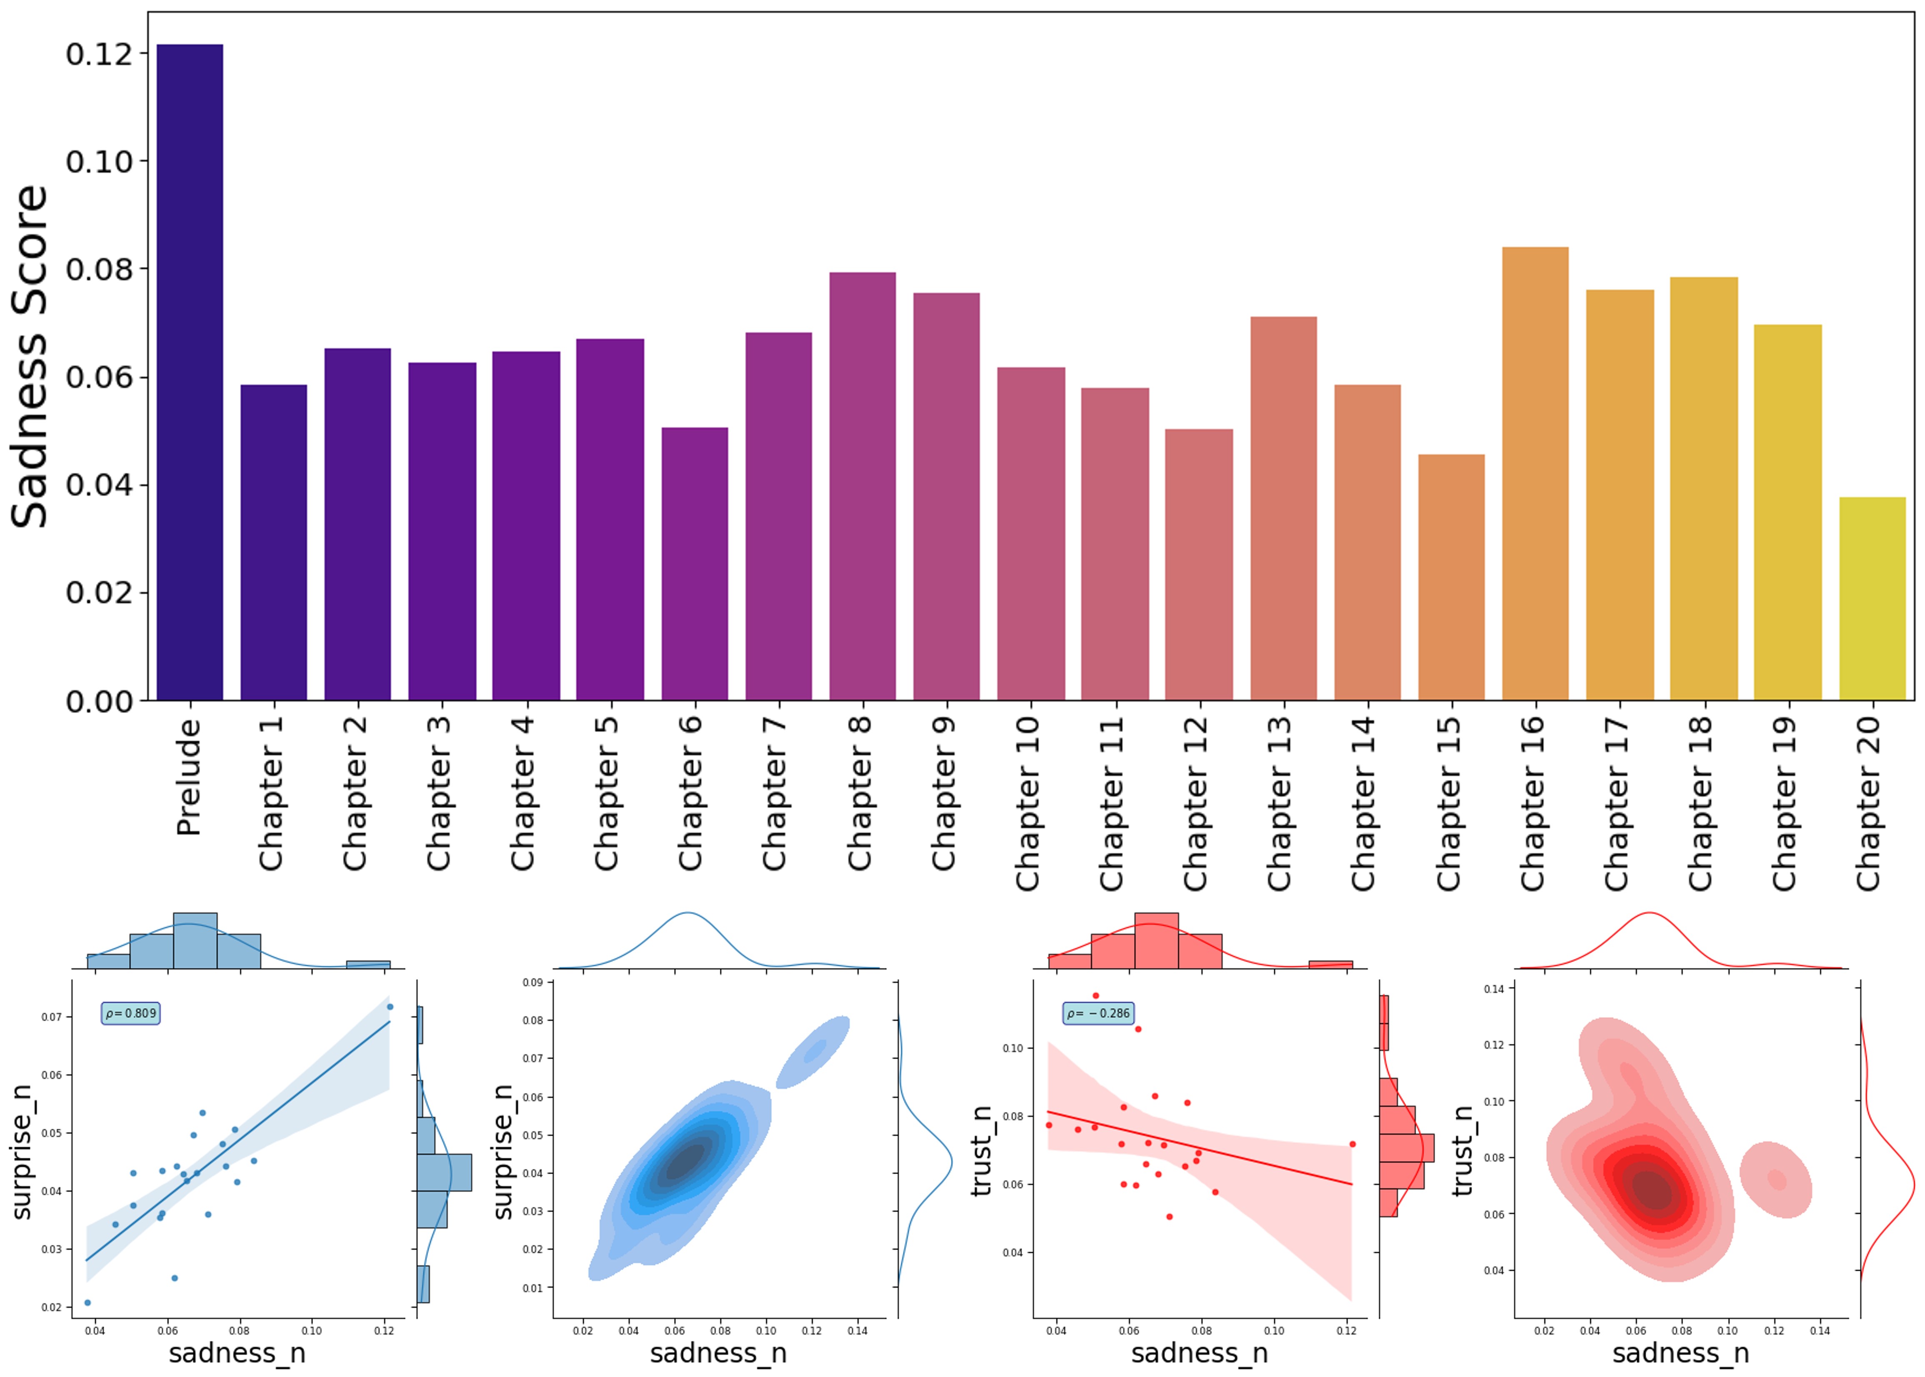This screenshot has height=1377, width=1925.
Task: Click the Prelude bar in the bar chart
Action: (190, 373)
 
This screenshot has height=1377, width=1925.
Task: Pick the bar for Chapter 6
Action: (695, 564)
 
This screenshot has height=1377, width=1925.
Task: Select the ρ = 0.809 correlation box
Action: (130, 1013)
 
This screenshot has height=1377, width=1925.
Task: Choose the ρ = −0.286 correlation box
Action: (1098, 1013)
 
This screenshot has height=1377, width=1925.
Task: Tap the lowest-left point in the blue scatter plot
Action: (87, 1302)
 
